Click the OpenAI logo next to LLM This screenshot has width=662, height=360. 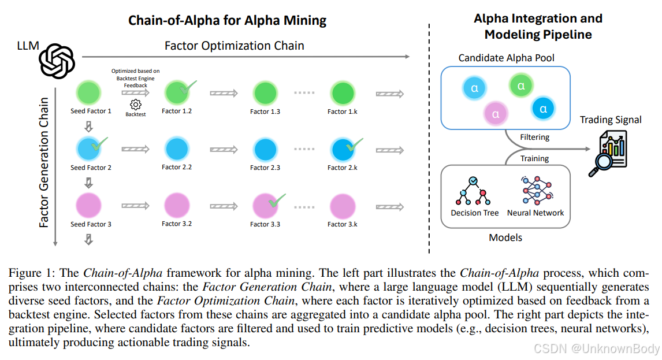point(57,61)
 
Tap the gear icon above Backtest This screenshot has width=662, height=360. point(136,104)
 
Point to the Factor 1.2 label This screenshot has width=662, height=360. point(177,111)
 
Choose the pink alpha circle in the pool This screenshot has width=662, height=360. point(496,113)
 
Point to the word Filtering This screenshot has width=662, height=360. point(534,138)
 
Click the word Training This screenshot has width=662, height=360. point(534,158)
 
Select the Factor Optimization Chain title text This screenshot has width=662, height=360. point(234,46)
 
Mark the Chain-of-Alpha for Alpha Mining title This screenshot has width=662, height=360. point(227,21)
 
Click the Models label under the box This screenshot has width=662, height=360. point(505,237)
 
